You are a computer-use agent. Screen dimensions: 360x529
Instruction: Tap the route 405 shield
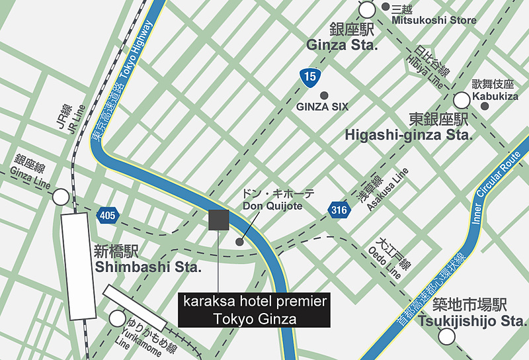coord(107,214)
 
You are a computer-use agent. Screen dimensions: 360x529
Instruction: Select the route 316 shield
coord(338,210)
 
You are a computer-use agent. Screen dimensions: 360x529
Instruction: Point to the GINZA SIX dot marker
coord(324,95)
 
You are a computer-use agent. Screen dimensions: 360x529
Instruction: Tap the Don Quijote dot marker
coord(239,242)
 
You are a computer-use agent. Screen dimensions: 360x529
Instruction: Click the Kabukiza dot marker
coord(485,105)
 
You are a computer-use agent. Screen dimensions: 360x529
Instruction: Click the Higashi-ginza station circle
coord(462,100)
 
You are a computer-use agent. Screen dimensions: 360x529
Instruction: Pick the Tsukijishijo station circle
coord(448,336)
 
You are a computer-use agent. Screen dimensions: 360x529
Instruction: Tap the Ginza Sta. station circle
coord(368,9)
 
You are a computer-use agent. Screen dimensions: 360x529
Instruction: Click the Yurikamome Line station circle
coord(117,318)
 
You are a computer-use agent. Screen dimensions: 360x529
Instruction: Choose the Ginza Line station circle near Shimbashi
coord(61,197)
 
